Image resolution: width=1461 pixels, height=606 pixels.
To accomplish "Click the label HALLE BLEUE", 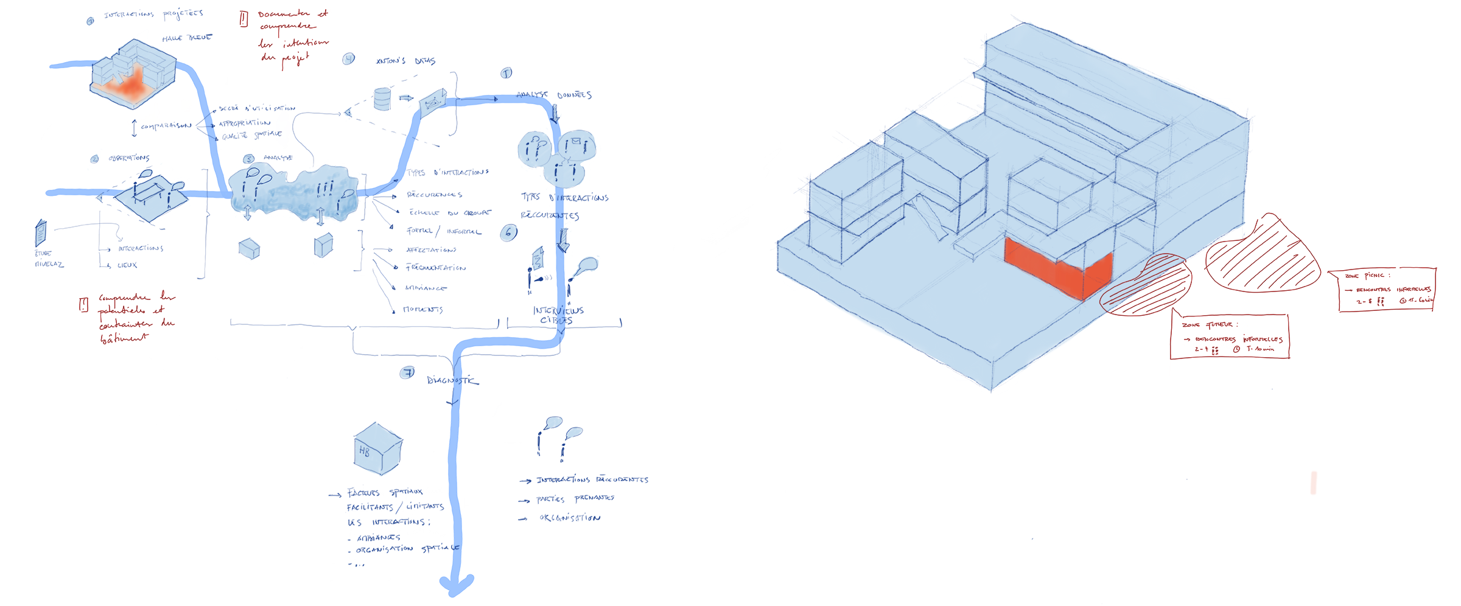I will tap(187, 38).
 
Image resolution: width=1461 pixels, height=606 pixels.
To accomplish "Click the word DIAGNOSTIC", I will tap(452, 380).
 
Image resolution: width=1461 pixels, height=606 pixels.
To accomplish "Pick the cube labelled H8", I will tap(377, 449).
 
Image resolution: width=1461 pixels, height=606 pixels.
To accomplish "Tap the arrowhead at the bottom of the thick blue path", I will tap(456, 585).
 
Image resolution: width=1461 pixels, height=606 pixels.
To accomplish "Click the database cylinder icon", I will tap(382, 99).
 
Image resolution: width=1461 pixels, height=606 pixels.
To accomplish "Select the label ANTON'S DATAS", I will tap(405, 61).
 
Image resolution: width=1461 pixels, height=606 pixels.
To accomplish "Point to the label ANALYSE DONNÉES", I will tap(554, 95).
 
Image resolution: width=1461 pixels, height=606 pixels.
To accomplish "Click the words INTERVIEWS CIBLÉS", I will tap(558, 315).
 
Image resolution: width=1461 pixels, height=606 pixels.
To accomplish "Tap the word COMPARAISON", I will tap(166, 126).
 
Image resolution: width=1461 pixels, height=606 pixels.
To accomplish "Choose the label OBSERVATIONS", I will tap(129, 158).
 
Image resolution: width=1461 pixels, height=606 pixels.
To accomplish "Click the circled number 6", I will tap(509, 232).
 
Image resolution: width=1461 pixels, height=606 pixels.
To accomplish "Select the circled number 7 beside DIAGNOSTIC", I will tap(407, 373).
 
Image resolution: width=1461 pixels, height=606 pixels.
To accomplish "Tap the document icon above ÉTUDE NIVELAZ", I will tap(41, 232).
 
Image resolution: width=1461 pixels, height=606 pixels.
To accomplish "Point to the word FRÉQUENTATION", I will tap(436, 268).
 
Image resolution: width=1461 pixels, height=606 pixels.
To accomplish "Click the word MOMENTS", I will tap(423, 310).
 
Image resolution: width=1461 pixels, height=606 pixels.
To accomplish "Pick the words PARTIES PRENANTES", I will tap(575, 498).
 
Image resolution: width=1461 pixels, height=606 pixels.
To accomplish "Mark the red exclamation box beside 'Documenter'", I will tap(243, 19).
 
